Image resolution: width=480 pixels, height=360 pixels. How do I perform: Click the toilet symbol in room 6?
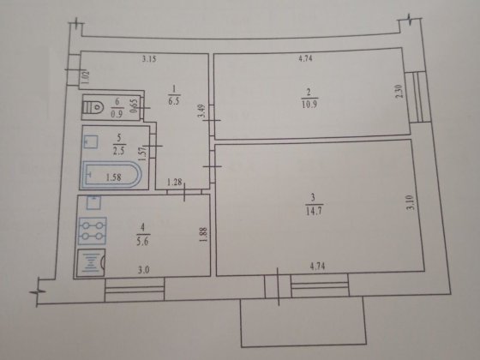coord(93,107)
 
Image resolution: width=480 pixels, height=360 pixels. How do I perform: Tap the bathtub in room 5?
coord(111,175)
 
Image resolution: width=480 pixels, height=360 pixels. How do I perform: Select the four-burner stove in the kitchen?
coord(93,231)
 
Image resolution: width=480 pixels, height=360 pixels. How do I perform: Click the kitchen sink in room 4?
coord(91,262)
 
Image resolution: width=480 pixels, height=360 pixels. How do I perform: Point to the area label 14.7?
coord(314,211)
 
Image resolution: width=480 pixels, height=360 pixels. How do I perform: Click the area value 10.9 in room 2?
coord(309,104)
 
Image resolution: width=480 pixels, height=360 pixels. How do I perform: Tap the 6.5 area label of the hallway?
coord(173,101)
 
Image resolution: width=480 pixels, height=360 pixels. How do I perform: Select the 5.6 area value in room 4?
coord(142,242)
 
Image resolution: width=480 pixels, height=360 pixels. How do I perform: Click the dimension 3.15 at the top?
coord(149,58)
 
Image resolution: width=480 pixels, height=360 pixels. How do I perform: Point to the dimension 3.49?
coord(201,111)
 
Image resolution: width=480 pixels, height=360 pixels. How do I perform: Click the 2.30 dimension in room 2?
coord(399,91)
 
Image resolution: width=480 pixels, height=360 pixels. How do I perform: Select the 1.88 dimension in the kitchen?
coord(204,234)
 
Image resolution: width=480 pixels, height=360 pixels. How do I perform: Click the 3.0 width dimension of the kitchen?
coord(143,270)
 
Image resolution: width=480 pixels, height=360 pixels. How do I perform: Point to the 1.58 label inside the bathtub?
coord(113,177)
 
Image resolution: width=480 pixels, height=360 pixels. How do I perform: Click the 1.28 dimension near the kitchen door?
coord(175,183)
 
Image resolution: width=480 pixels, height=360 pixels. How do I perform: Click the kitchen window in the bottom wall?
coord(135,290)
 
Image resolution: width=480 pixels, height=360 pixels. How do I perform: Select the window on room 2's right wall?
coord(418,97)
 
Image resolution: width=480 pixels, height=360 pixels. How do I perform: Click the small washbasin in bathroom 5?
coord(91,141)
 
